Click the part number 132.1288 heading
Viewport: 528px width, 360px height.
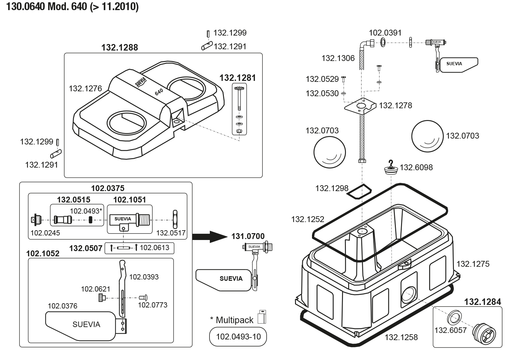tap(119, 48)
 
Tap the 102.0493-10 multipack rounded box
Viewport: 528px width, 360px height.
tap(238, 337)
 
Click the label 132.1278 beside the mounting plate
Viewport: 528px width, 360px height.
tap(395, 106)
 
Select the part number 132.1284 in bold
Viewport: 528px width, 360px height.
tap(482, 302)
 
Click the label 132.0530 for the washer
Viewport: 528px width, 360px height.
tap(322, 94)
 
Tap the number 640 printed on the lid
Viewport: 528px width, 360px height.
tap(159, 92)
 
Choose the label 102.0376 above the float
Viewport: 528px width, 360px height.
tap(62, 306)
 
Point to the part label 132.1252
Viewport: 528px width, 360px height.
tap(308, 219)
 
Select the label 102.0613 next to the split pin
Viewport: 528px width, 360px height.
tap(154, 248)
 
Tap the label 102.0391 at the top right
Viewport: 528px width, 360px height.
tap(385, 33)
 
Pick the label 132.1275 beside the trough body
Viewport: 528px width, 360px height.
tap(473, 264)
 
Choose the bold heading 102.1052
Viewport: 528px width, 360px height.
tap(43, 254)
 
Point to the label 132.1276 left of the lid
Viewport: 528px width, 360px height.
tap(85, 89)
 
